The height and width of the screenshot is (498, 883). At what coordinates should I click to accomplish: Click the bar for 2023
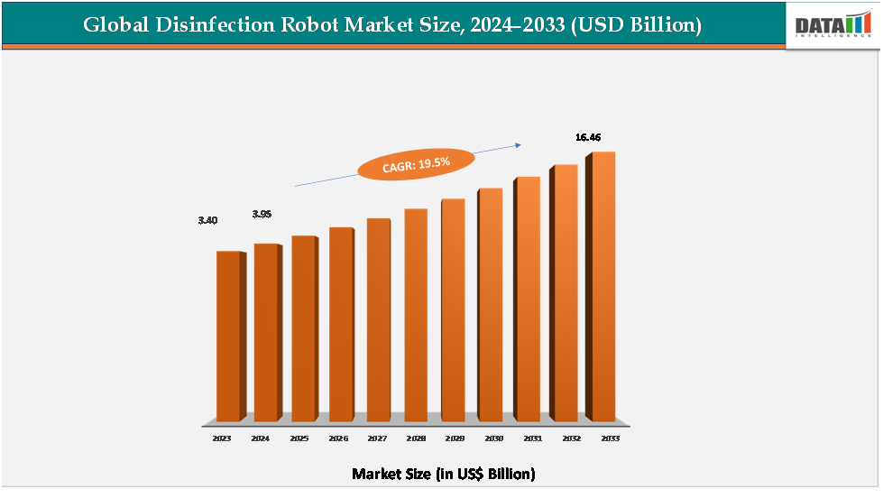coord(228,336)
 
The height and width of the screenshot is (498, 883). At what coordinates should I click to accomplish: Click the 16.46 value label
coord(588,137)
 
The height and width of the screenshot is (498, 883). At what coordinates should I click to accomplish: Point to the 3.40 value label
coord(208,220)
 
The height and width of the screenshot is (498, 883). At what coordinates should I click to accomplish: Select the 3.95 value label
coord(262,214)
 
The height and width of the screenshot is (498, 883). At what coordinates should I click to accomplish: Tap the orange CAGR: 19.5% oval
coord(416,162)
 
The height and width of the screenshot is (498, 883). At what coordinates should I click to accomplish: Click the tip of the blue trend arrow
coord(522,143)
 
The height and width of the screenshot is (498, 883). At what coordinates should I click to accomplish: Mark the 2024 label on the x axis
coord(260,438)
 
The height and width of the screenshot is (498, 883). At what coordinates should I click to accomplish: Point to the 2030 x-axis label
coord(493,438)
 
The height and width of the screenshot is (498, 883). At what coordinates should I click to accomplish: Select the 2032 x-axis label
coord(570,438)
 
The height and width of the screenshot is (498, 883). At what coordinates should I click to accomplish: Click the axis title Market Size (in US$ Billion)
coord(444,474)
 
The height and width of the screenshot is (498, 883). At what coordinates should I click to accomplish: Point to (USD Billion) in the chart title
coord(638,25)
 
